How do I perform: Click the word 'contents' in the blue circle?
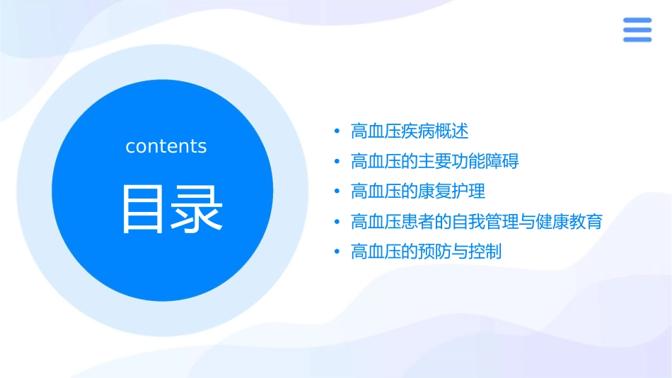166,146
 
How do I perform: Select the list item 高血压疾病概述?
410,131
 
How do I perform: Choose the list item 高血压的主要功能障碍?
434,162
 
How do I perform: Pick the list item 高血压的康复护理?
418,191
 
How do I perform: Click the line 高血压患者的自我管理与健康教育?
476,222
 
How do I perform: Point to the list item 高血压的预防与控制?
426,252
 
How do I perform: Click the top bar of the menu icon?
637,20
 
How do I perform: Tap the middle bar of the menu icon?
637,30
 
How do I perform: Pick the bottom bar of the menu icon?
637,39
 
